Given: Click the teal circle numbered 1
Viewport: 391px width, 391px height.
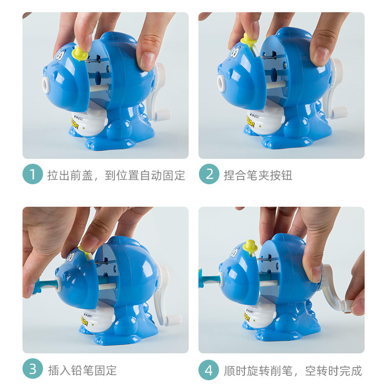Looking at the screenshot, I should click(33, 174).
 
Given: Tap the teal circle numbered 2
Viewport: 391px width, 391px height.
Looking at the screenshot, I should click(209, 174).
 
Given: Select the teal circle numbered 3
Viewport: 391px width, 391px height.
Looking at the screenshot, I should click(33, 370).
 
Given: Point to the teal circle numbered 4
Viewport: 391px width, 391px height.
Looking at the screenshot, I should click(209, 370).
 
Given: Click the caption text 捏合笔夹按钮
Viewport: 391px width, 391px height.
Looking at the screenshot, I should click(258, 175).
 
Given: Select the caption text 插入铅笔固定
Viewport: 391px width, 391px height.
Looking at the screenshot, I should click(82, 370).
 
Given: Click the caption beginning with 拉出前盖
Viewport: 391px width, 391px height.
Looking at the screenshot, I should click(116, 175).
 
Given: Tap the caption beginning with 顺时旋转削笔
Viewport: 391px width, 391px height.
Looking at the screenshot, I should click(293, 370).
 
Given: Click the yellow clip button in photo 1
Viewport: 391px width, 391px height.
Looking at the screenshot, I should click(80, 52).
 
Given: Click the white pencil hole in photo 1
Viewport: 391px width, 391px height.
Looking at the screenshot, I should click(47, 85).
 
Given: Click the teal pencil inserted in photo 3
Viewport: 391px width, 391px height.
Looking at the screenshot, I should click(44, 284).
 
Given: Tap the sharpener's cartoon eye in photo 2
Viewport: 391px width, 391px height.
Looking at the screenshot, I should click(237, 50).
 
